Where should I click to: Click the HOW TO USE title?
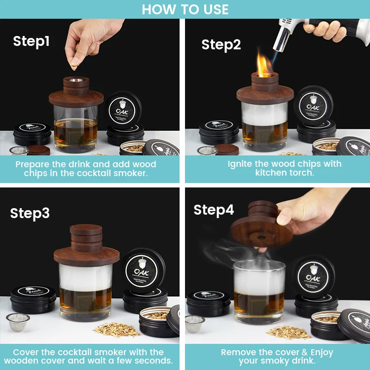coord(185,9)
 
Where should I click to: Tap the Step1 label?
coord(31,41)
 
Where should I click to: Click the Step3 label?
coord(30,213)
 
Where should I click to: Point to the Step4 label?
coord(214,210)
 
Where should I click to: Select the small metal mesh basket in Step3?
coord(18,322)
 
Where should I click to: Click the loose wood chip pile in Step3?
coord(109,329)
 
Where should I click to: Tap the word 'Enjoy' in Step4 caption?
coord(319,352)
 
